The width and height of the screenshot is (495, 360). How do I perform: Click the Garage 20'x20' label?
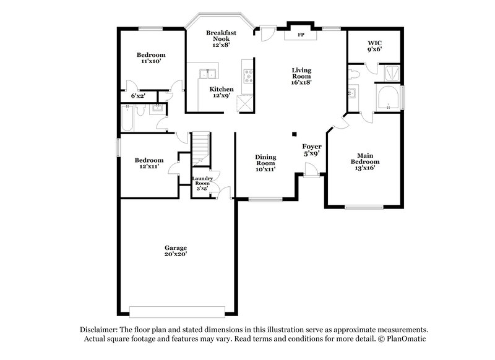[x=176, y=251]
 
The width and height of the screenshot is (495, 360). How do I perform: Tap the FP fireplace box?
[x=301, y=35]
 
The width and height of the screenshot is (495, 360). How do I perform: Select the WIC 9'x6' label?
[x=374, y=46]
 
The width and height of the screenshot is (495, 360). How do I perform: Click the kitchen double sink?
[x=207, y=75]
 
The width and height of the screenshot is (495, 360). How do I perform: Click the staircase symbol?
[x=201, y=148]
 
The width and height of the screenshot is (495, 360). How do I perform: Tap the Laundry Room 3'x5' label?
[x=202, y=183]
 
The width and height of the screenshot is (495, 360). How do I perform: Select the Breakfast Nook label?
[x=221, y=38]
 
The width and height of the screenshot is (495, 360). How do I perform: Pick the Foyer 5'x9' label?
[x=311, y=150]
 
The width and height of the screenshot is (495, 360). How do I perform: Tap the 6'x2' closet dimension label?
[x=138, y=96]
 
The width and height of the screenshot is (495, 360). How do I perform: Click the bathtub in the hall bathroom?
[x=127, y=119]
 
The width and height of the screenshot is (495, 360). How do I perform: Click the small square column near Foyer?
[x=295, y=134]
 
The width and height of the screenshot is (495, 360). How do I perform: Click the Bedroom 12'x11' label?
[x=149, y=163]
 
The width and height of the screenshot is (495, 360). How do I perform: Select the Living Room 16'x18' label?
[x=302, y=76]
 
